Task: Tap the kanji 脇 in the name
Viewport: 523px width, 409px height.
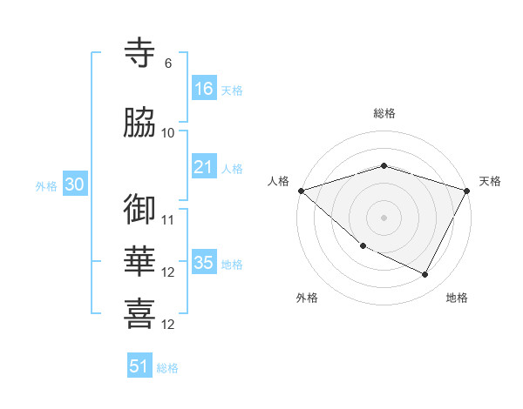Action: click(x=140, y=123)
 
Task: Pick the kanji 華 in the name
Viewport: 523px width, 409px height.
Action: click(x=140, y=261)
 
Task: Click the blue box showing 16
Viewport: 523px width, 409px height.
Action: click(x=204, y=89)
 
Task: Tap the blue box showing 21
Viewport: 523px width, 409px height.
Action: click(x=204, y=167)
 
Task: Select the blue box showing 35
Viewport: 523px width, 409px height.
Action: click(x=204, y=263)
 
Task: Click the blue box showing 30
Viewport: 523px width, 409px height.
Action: click(x=74, y=184)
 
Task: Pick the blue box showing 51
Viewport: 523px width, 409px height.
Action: click(x=139, y=366)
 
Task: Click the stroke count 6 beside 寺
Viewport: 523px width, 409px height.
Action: click(x=167, y=64)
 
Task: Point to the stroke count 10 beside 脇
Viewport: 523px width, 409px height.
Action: click(x=168, y=132)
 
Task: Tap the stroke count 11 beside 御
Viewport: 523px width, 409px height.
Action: click(x=168, y=219)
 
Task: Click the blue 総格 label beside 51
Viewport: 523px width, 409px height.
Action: click(x=167, y=368)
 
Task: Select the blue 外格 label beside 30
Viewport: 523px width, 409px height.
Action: click(x=46, y=185)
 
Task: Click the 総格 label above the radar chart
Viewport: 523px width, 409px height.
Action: click(x=384, y=113)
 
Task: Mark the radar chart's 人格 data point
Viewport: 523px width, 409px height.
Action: click(x=301, y=191)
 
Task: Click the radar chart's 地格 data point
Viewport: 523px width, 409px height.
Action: click(x=425, y=275)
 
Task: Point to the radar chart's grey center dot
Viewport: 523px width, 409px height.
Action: click(x=384, y=218)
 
